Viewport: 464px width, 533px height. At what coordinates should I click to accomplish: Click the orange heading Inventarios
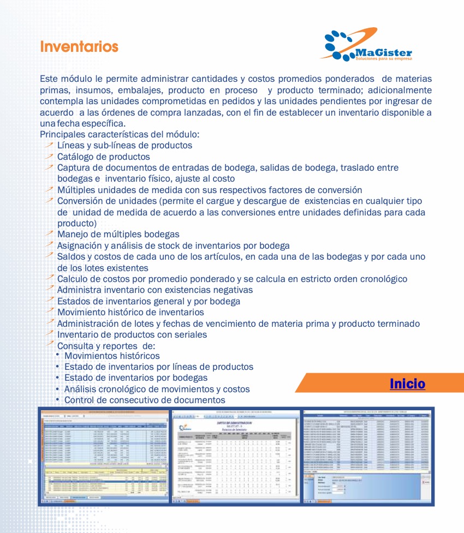click(x=79, y=46)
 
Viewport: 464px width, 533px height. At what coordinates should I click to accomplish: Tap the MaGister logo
click(x=367, y=45)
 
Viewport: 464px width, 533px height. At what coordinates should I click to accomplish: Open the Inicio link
click(x=407, y=384)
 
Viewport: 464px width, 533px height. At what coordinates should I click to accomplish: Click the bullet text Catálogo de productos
click(x=103, y=157)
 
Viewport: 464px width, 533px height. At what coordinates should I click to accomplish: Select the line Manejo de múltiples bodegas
click(x=118, y=235)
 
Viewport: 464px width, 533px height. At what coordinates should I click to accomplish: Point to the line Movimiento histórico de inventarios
click(x=130, y=312)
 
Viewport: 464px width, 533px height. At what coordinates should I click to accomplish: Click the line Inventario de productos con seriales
click(x=132, y=334)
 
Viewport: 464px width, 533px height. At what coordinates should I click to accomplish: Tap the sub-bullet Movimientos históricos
click(x=112, y=356)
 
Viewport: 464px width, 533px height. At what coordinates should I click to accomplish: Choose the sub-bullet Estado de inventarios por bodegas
click(x=136, y=378)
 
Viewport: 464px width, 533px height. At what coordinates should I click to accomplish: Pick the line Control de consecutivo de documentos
click(x=145, y=400)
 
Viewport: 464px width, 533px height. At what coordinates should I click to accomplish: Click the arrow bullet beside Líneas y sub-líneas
click(x=49, y=145)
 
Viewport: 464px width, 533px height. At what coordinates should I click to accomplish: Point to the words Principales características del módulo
click(x=120, y=134)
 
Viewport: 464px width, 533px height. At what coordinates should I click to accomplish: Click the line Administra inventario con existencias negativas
click(x=155, y=290)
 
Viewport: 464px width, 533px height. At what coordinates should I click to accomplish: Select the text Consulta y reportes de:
click(x=106, y=345)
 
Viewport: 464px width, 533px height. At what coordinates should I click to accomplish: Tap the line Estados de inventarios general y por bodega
click(x=148, y=301)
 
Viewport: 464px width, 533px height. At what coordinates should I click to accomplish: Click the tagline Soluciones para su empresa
click(x=384, y=57)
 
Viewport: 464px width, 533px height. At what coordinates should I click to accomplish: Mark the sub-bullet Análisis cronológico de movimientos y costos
click(x=157, y=389)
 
